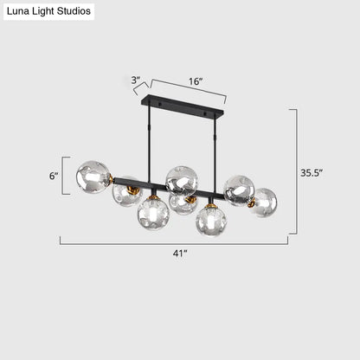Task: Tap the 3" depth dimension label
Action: (135, 80)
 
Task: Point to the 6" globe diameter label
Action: (54, 176)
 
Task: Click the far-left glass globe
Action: (93, 177)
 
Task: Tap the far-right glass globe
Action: (263, 202)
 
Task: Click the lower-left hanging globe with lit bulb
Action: (152, 213)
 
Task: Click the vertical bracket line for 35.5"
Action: (297, 171)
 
